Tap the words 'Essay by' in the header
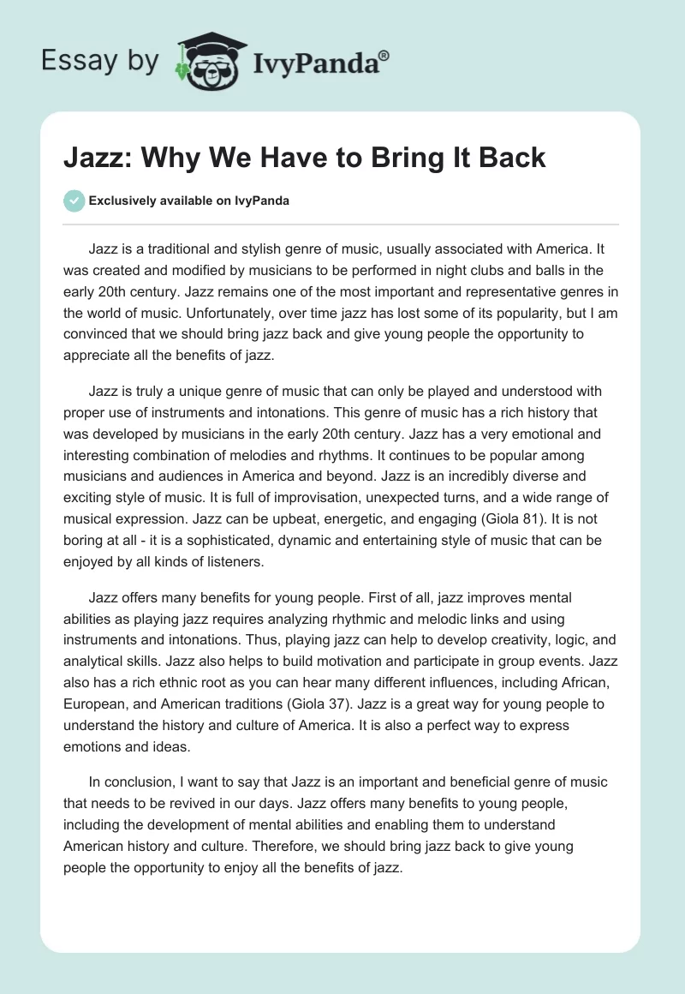tap(101, 62)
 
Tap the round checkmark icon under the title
tap(74, 201)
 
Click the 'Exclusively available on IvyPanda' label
tap(188, 201)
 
